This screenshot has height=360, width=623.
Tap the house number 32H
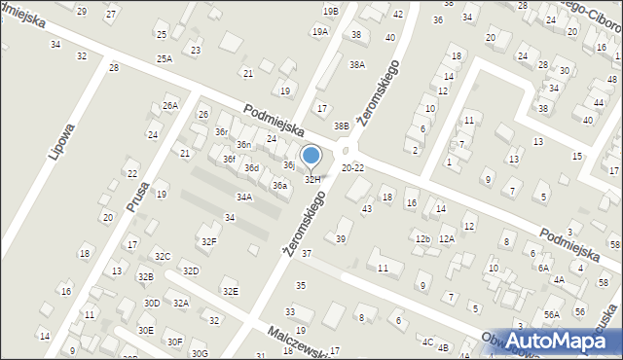point(312,179)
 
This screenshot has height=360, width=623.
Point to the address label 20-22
point(353,167)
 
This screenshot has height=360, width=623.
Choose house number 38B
point(341,126)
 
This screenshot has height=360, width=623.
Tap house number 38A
point(357,65)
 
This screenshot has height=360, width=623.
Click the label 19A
point(320,32)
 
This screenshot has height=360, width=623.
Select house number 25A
point(165,59)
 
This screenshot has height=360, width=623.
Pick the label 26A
point(170,105)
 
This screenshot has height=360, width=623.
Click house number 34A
point(244,197)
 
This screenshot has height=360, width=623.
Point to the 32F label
point(208,240)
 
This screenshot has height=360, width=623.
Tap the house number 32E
point(230,291)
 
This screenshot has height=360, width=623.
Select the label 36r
point(222,131)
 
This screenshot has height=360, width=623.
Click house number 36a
point(279,185)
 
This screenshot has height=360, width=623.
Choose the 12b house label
point(421,238)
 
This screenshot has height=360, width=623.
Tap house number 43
point(367,209)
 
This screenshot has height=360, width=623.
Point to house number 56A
point(552,314)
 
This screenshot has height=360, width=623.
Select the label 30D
point(152,303)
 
